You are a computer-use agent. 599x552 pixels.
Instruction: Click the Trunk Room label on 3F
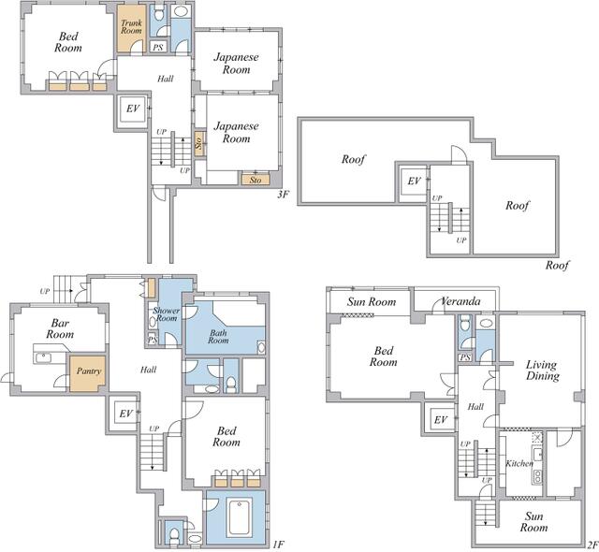pyautogui.click(x=131, y=27)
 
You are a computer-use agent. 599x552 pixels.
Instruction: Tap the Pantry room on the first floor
pyautogui.click(x=87, y=373)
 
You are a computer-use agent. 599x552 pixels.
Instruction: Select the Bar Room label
pyautogui.click(x=60, y=328)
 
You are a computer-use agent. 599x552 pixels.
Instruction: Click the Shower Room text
pyautogui.click(x=167, y=314)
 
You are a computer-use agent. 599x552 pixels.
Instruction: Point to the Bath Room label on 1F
pyautogui.click(x=218, y=336)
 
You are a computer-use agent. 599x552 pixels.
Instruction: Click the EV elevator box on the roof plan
pyautogui.click(x=414, y=182)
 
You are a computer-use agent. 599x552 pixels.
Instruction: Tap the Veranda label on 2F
pyautogui.click(x=460, y=301)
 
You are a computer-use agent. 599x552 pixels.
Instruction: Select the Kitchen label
pyautogui.click(x=519, y=463)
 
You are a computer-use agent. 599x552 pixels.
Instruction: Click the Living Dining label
pyautogui.click(x=543, y=370)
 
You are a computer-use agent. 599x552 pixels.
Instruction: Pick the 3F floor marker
pyautogui.click(x=283, y=195)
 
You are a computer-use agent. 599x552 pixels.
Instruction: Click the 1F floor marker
pyautogui.click(x=279, y=545)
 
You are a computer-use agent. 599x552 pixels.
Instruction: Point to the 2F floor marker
pyautogui.click(x=592, y=545)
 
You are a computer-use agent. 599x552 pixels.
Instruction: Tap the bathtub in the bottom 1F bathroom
pyautogui.click(x=240, y=517)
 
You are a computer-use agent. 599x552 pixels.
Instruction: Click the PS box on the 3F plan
pyautogui.click(x=158, y=47)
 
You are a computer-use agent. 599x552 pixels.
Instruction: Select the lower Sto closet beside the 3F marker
pyautogui.click(x=256, y=180)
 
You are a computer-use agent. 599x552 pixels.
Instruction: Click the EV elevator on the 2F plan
pyautogui.click(x=441, y=420)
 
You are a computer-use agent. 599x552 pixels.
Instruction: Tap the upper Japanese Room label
pyautogui.click(x=237, y=64)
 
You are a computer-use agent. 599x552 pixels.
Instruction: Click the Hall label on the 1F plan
pyautogui.click(x=148, y=370)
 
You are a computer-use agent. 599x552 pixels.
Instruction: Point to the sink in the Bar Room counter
pyautogui.click(x=43, y=358)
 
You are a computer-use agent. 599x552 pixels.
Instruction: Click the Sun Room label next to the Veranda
pyautogui.click(x=372, y=302)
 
